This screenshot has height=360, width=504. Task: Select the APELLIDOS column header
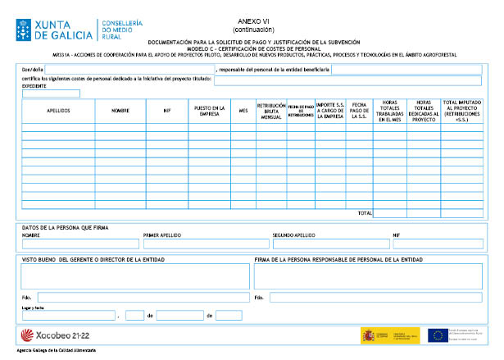click(x=57, y=110)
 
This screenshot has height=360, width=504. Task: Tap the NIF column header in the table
click(x=166, y=110)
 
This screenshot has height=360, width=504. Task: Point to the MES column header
click(x=243, y=110)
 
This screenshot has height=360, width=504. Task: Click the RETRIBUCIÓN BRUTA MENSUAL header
click(x=270, y=110)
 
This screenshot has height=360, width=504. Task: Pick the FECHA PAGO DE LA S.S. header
click(x=359, y=110)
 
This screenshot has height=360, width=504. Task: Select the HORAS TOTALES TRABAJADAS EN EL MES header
click(x=389, y=110)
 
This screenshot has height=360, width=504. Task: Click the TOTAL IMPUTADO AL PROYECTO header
click(x=462, y=110)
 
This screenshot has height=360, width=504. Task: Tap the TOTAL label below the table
click(x=364, y=213)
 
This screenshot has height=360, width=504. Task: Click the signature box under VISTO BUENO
click(x=134, y=276)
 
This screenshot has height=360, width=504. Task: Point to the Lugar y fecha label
click(x=32, y=307)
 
